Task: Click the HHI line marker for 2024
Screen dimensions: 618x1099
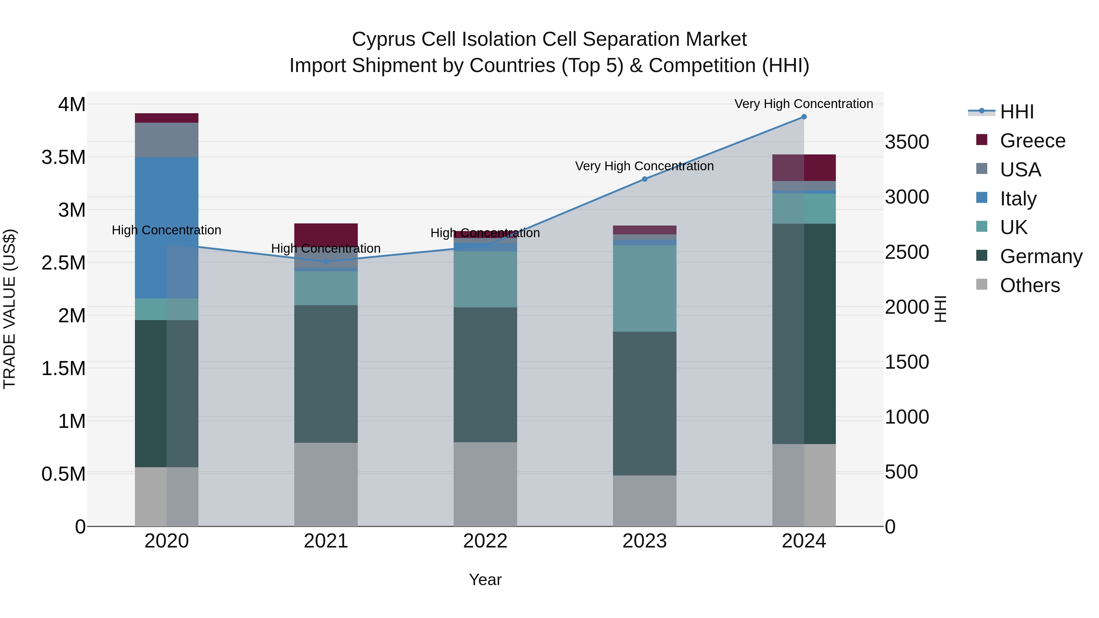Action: tap(804, 117)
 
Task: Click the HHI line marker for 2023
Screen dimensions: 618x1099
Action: tap(645, 179)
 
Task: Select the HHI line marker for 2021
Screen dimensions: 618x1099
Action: tap(326, 262)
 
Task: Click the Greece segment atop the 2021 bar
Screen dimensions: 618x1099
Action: tap(326, 233)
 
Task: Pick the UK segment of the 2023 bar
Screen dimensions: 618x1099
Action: tap(645, 288)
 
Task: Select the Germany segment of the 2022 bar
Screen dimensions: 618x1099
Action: tap(485, 374)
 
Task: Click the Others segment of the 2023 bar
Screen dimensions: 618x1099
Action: tap(645, 501)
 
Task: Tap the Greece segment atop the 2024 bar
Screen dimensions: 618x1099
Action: tap(804, 168)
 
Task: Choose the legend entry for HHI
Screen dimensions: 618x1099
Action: tap(1016, 112)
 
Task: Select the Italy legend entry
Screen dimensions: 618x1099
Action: tap(1017, 199)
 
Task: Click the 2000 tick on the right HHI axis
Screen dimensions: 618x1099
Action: tap(907, 307)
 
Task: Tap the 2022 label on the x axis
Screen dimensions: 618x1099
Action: tap(485, 541)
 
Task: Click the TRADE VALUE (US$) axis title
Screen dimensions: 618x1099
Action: tap(9, 309)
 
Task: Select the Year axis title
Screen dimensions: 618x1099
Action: tap(485, 580)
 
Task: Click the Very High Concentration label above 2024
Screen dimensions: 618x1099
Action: tap(804, 104)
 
